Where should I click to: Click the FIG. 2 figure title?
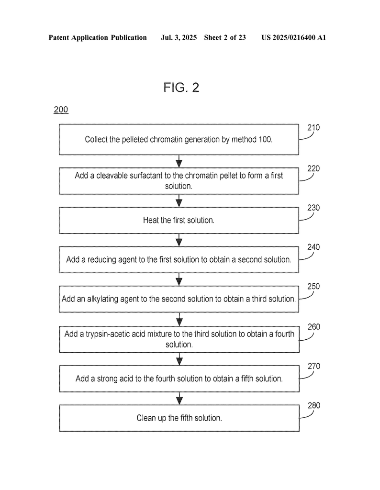pos(181,88)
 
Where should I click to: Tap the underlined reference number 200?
pos(61,110)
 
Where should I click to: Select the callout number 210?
pos(313,127)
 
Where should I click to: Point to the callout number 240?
pos(313,247)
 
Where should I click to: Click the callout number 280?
pos(314,406)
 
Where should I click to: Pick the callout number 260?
pos(314,327)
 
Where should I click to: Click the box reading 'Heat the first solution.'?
pos(179,220)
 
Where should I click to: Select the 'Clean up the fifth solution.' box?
pos(179,418)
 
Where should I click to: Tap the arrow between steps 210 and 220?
pos(179,161)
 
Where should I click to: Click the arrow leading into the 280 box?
pos(179,399)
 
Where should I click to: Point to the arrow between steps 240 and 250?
pos(179,279)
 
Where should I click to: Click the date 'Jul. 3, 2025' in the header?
pos(179,38)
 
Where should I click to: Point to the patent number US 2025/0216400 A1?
pos(294,38)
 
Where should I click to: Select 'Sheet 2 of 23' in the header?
pos(225,38)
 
